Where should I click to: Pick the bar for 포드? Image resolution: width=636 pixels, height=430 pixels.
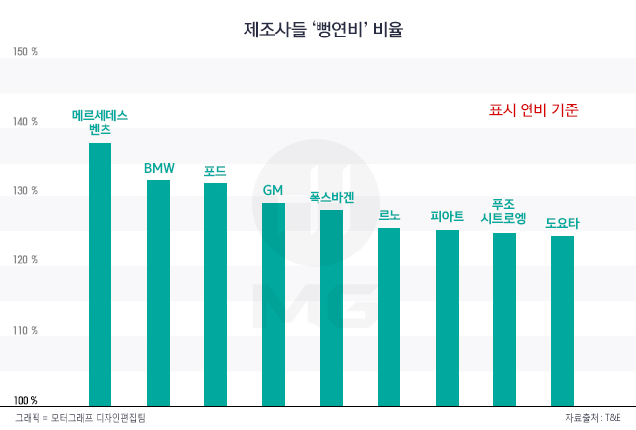tap(215, 294)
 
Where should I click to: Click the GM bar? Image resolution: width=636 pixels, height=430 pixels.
tap(273, 304)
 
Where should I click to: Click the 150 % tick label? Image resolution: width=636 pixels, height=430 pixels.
tap(26, 52)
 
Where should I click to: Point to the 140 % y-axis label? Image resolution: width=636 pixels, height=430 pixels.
tap(26, 122)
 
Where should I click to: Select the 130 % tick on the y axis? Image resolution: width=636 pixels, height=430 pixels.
tap(26, 191)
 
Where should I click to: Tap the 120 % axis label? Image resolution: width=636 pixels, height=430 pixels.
tap(26, 261)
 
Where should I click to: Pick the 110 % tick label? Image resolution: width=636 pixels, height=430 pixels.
tap(26, 331)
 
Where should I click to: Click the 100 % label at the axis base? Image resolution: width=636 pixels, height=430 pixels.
tap(26, 400)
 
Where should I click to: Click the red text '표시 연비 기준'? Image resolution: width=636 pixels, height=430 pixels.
tap(532, 110)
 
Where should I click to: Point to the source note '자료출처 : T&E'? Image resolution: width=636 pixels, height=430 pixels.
tap(594, 419)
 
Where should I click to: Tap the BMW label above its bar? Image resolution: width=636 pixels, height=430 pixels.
tap(159, 169)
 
